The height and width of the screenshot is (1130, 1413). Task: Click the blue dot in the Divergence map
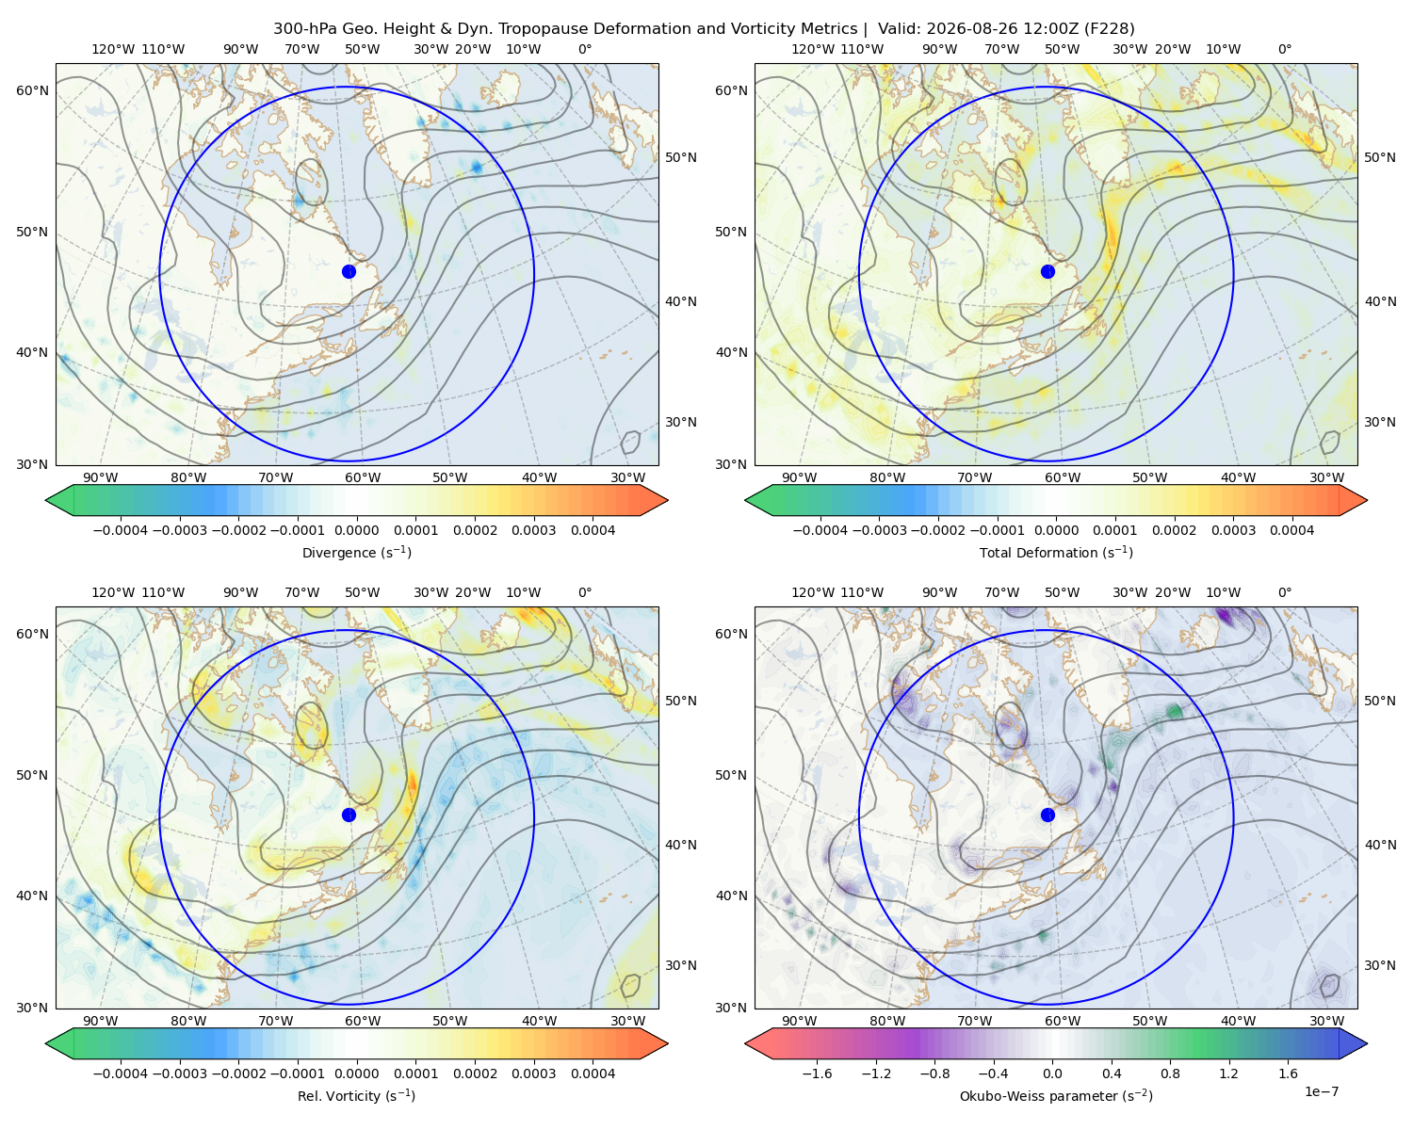pyautogui.click(x=349, y=271)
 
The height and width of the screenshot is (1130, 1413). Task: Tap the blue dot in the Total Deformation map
pyautogui.click(x=1048, y=271)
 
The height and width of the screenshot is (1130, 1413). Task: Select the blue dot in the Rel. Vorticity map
pyautogui.click(x=349, y=815)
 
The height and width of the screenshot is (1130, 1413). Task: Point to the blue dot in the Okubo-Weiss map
pyautogui.click(x=1048, y=815)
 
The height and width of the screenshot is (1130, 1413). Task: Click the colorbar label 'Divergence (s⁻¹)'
pyautogui.click(x=356, y=552)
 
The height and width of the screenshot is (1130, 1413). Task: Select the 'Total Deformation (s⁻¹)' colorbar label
pyautogui.click(x=1056, y=552)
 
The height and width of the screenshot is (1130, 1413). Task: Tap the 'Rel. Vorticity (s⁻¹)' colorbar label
pyautogui.click(x=356, y=1095)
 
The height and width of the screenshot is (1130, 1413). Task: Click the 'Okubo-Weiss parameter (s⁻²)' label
pyautogui.click(x=1056, y=1095)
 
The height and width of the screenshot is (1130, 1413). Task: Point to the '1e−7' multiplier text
pyautogui.click(x=1321, y=1091)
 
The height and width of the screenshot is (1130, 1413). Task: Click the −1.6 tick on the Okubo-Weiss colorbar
pyautogui.click(x=817, y=1073)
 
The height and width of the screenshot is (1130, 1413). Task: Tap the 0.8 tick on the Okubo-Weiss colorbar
pyautogui.click(x=1170, y=1073)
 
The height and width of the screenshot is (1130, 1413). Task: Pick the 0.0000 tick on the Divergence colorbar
pyautogui.click(x=356, y=530)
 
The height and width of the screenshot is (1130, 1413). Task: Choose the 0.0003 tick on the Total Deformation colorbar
pyautogui.click(x=1233, y=530)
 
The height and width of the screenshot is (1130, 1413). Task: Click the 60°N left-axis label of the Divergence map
pyautogui.click(x=32, y=90)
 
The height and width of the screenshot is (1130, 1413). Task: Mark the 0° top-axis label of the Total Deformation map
pyautogui.click(x=1284, y=49)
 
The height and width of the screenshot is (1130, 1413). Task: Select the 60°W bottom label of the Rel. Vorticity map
pyautogui.click(x=363, y=1021)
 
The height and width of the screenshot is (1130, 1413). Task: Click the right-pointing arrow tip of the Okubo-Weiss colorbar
pyautogui.click(x=1367, y=1043)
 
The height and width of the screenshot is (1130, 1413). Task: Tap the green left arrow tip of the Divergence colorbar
pyautogui.click(x=46, y=500)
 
